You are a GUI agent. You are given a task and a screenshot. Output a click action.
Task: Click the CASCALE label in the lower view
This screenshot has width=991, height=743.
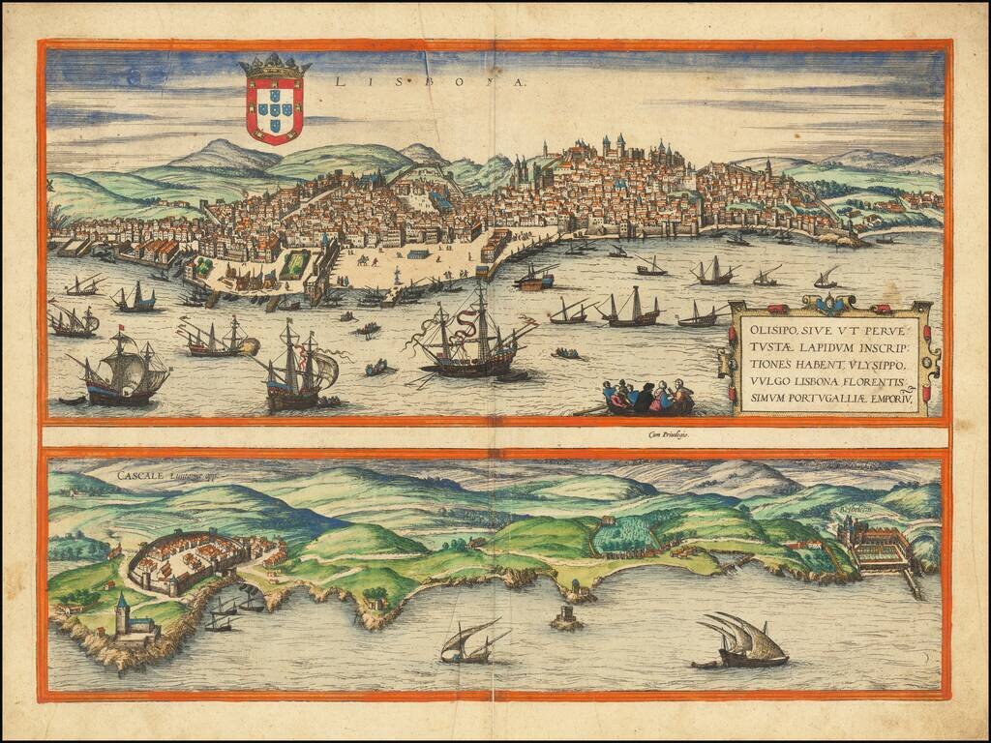(x=141, y=475)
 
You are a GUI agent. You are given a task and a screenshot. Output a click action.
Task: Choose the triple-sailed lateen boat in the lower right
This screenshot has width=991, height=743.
(x=742, y=639)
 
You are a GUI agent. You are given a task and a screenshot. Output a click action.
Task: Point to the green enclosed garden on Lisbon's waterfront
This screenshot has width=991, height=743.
(x=295, y=263)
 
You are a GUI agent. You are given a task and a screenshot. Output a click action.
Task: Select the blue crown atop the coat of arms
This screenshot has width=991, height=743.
(x=275, y=67)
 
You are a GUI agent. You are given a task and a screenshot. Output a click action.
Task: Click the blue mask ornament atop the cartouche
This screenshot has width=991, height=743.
(x=827, y=304)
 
